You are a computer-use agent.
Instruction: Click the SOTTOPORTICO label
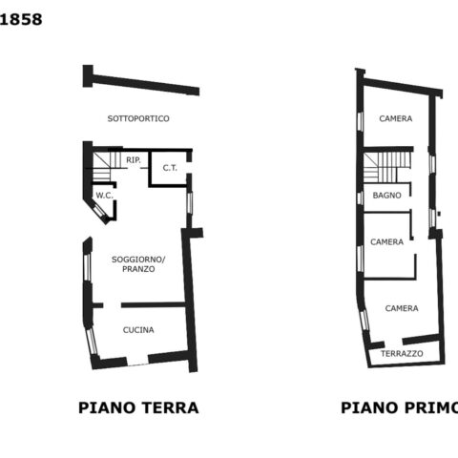tap(138, 118)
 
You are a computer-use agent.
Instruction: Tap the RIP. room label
tap(134, 160)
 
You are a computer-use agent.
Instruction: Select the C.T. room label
tap(170, 168)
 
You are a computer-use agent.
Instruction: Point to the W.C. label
tap(105, 196)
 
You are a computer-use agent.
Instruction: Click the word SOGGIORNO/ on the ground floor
tap(138, 260)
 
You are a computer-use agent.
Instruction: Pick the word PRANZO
tap(138, 269)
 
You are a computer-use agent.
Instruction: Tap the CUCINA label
tap(138, 330)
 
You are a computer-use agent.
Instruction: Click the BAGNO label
tap(386, 196)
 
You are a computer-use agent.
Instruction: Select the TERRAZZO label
tap(402, 354)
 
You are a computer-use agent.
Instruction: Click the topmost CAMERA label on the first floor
tap(396, 118)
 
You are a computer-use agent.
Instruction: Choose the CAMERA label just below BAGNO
tap(386, 242)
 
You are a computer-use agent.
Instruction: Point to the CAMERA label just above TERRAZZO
tap(402, 308)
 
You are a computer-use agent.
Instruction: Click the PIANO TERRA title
tap(138, 407)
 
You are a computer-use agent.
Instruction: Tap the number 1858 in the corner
tap(21, 20)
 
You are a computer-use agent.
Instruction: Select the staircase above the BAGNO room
tap(387, 167)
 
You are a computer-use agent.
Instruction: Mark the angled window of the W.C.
tap(101, 210)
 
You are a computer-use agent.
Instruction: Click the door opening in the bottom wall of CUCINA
tap(137, 364)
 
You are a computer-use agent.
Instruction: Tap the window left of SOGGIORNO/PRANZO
tap(87, 266)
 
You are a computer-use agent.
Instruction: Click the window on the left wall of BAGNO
tap(360, 198)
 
